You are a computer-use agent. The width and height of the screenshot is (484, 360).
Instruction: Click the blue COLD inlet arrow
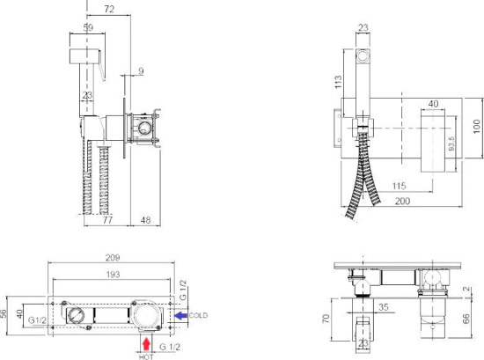click(181, 315)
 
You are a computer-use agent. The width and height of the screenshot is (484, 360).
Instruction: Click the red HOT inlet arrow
click(146, 344)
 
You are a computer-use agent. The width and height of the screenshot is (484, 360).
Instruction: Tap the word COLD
click(198, 315)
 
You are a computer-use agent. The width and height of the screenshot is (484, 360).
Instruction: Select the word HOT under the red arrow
click(146, 356)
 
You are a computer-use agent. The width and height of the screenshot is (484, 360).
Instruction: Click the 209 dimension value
click(113, 258)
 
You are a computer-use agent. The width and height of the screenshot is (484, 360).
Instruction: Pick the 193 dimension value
click(113, 275)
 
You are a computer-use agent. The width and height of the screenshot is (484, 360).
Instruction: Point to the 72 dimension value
click(109, 10)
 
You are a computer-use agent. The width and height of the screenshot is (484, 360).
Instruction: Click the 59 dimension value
click(88, 27)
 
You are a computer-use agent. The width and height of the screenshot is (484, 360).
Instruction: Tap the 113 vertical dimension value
click(338, 82)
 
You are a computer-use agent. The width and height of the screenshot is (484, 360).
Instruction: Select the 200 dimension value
click(402, 201)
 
